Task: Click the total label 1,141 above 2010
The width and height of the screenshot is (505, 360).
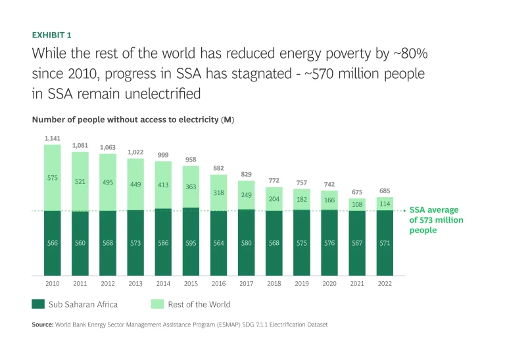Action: click(x=52, y=138)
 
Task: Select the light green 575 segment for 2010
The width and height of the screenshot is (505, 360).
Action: click(x=52, y=177)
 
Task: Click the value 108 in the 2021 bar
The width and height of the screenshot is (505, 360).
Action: click(x=357, y=204)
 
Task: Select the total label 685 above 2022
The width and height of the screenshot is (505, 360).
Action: click(x=385, y=191)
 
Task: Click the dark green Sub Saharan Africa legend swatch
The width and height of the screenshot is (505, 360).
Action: click(x=38, y=304)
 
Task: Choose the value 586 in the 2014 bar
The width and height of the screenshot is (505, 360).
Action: click(x=162, y=242)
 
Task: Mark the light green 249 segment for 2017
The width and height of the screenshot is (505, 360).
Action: click(x=246, y=195)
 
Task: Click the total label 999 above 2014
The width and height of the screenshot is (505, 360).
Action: click(x=162, y=154)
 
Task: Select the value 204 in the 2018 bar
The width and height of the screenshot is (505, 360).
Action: click(x=274, y=199)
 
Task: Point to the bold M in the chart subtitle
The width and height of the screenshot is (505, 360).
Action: click(x=228, y=120)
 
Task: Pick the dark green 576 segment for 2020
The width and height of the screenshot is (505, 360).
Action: click(x=329, y=242)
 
